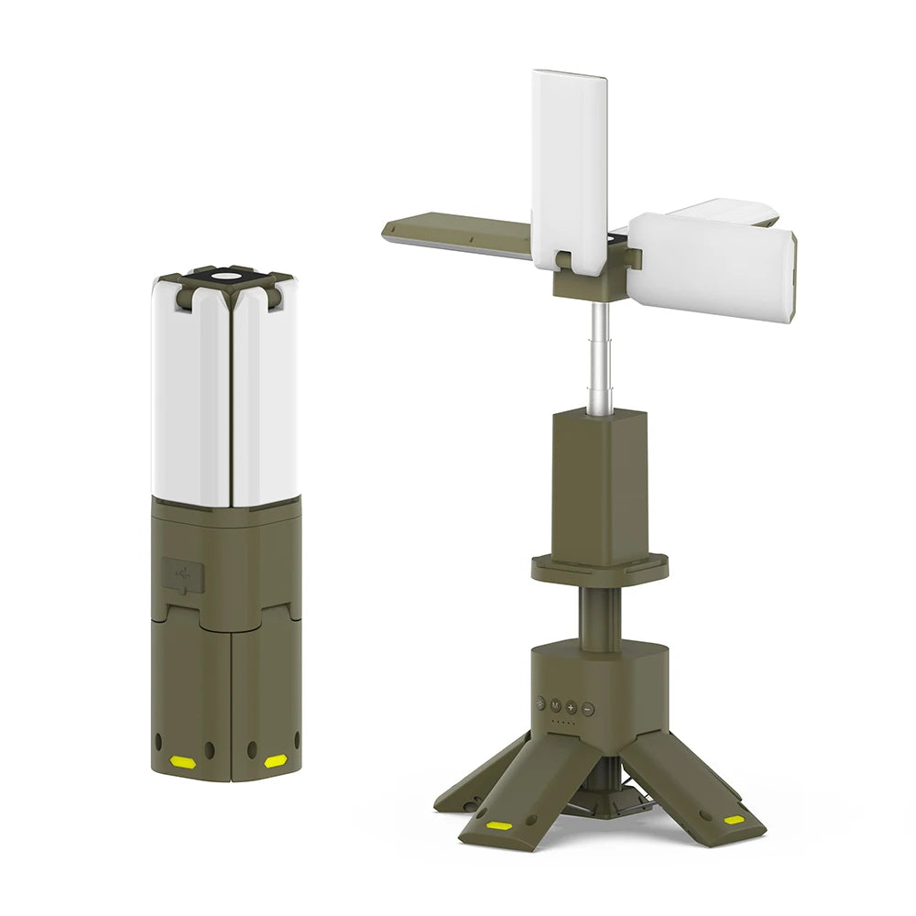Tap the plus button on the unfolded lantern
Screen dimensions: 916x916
(x=571, y=707)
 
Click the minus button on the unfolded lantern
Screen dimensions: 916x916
(x=588, y=708)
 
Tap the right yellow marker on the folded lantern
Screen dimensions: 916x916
(x=275, y=761)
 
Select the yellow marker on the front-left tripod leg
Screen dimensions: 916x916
(x=499, y=825)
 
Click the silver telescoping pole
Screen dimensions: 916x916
(x=600, y=357)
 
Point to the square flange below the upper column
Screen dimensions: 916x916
(x=600, y=568)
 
